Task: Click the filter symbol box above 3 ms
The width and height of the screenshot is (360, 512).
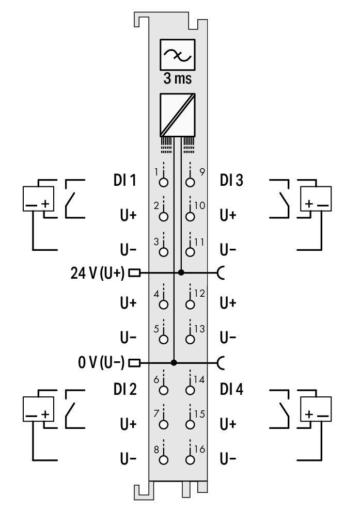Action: point(177,55)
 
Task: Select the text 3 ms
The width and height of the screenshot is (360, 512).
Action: point(177,78)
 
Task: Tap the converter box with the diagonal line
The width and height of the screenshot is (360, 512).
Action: point(177,115)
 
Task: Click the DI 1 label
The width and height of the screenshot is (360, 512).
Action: point(124,180)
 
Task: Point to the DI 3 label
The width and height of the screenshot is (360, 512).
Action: point(231,180)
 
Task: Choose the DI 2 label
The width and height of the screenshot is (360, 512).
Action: point(125,389)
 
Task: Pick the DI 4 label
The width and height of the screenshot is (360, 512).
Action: point(231,389)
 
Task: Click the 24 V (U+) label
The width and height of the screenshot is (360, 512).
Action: point(97,273)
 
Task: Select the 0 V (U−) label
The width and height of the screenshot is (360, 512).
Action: point(101,362)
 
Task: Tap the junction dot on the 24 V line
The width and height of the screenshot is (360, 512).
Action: point(181,273)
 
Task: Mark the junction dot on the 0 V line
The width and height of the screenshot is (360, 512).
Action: point(174,362)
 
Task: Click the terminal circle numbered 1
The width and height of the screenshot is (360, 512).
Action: point(163,182)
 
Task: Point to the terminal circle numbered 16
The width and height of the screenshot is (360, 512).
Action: point(190,460)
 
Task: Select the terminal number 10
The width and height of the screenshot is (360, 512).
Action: point(199,205)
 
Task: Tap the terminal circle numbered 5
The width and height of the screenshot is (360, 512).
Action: point(163,339)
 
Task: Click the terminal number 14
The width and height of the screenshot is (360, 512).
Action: point(199,379)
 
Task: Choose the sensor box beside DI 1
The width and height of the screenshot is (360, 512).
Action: point(38,199)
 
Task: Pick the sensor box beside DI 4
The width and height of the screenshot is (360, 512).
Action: point(316,409)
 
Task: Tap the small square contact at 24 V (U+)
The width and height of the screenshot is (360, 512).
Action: point(134,273)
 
